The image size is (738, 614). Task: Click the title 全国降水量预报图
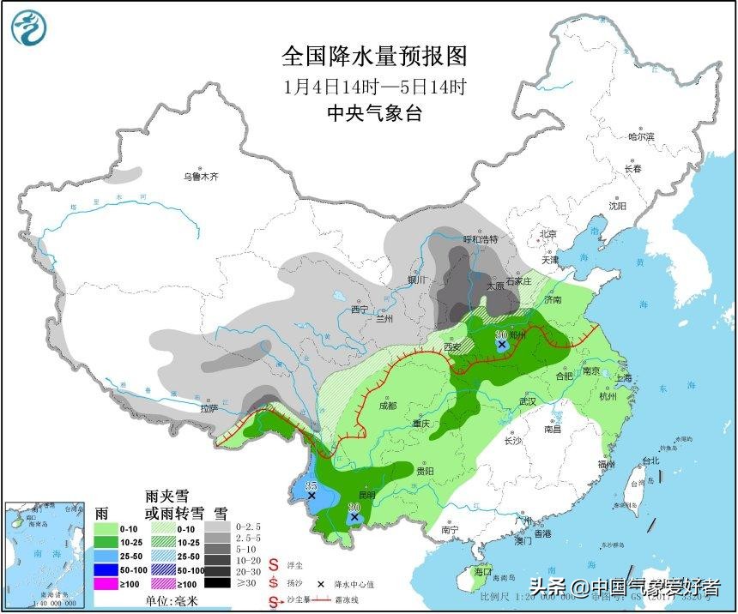[x=375, y=57]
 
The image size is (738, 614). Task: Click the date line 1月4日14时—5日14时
[x=375, y=87]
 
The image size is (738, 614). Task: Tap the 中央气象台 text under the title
[x=375, y=113]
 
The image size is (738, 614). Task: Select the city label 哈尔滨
[x=640, y=136]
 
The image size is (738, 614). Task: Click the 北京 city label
[x=548, y=234]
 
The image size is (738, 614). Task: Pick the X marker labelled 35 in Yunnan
[x=312, y=496]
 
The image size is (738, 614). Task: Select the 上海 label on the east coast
[x=623, y=377]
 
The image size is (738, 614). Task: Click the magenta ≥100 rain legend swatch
[x=107, y=583]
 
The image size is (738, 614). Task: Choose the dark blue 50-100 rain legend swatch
[x=107, y=569]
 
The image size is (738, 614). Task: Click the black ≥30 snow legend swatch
[x=220, y=583]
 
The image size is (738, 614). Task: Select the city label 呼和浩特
[x=480, y=239]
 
